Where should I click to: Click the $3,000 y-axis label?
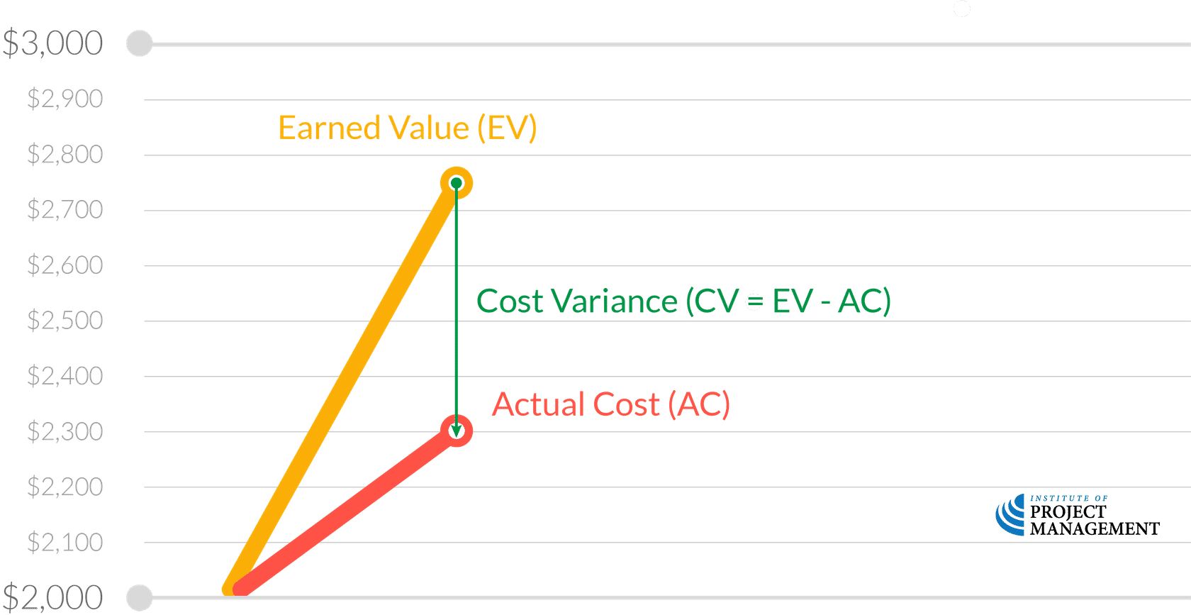(53, 44)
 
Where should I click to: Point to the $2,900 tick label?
(65, 99)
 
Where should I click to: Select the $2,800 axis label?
(65, 154)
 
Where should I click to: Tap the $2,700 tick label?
(65, 209)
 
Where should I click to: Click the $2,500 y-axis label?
(65, 320)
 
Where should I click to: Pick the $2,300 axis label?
(65, 431)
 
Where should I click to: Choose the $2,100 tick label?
(65, 542)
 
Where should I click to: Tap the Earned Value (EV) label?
(407, 128)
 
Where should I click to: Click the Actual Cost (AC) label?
(610, 404)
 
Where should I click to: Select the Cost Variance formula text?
(683, 302)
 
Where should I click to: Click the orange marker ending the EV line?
(457, 184)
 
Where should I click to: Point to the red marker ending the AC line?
(457, 431)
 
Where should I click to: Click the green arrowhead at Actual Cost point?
(457, 430)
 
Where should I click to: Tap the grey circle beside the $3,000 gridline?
(140, 44)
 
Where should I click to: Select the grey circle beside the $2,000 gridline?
(140, 597)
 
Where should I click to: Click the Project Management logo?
(1077, 516)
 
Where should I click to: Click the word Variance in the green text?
(614, 302)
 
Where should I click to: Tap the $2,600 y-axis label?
(65, 265)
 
